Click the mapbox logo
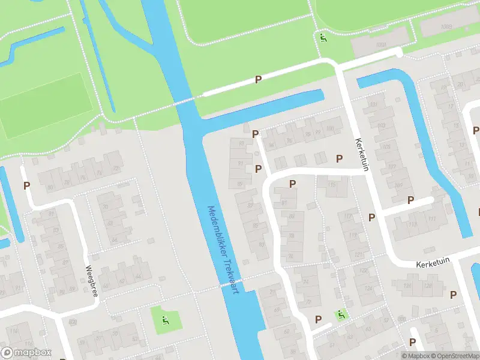[x=26, y=353]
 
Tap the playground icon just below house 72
[x=341, y=314]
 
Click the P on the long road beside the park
[x=258, y=79]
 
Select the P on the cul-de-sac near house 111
[x=411, y=200]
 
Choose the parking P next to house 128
[x=454, y=294]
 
